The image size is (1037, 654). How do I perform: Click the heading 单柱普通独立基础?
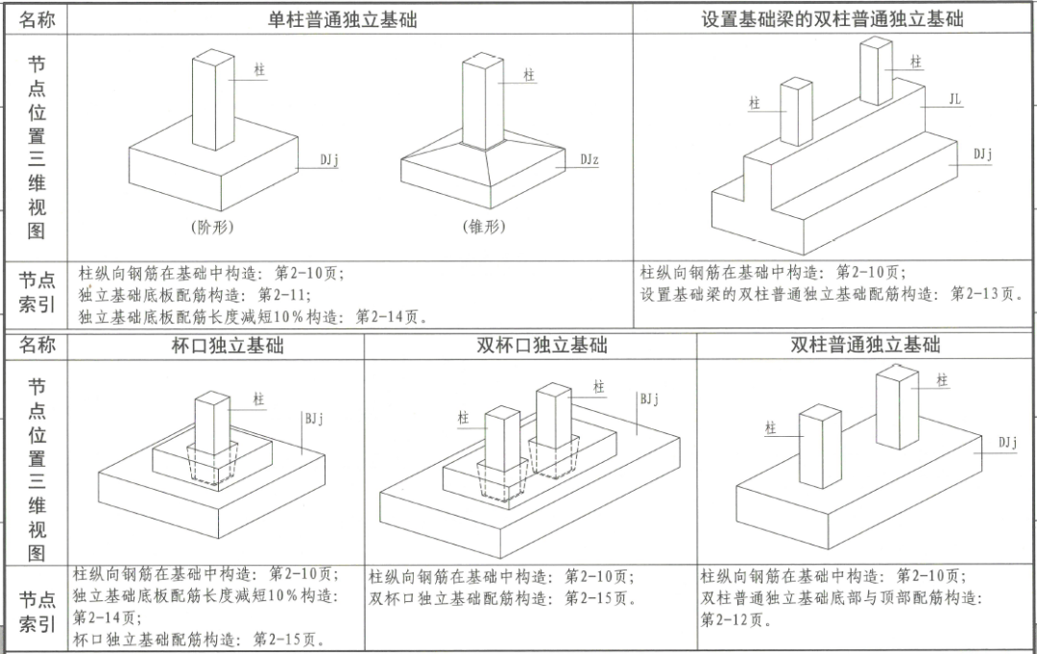pyautogui.click(x=342, y=19)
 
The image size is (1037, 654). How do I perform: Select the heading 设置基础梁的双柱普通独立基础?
pyautogui.click(x=832, y=19)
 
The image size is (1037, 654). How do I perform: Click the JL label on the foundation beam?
pyautogui.click(x=954, y=99)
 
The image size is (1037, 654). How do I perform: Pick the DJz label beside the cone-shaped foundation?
pyautogui.click(x=589, y=159)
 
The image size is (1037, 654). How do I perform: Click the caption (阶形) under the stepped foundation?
pyautogui.click(x=212, y=228)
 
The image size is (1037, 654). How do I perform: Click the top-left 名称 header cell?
pyautogui.click(x=37, y=19)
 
